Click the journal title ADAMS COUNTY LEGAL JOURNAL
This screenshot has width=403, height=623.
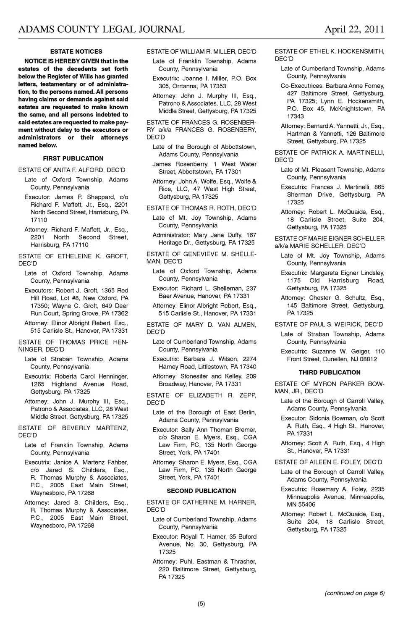[101, 29]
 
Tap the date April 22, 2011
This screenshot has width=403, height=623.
[354, 29]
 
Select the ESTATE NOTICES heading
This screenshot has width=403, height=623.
[76, 52]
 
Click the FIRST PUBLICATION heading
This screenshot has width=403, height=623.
[73, 158]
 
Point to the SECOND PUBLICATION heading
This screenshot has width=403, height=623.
[201, 491]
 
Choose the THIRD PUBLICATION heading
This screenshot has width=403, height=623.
[330, 372]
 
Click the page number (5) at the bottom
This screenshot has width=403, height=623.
[201, 604]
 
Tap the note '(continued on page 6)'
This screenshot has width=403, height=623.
[355, 593]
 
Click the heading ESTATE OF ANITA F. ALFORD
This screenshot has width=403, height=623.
[72, 170]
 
